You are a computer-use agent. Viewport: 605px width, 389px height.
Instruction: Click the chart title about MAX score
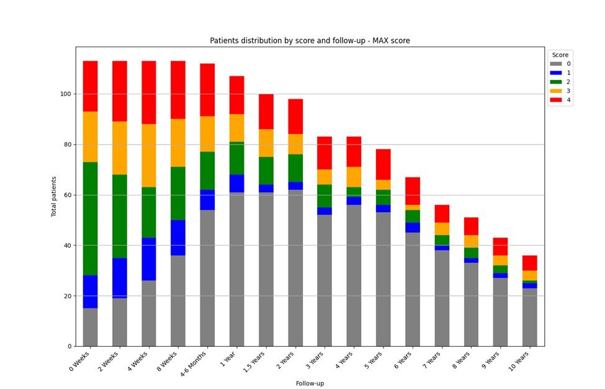coord(310,41)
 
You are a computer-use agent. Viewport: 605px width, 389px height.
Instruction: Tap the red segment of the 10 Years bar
coord(529,263)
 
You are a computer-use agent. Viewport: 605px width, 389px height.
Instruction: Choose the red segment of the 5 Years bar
coord(383,164)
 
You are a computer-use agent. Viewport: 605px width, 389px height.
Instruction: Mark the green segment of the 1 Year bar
coord(237,158)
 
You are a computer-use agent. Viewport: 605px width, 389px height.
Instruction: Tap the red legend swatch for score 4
coord(555,100)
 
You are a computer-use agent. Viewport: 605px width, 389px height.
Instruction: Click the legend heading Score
coord(560,55)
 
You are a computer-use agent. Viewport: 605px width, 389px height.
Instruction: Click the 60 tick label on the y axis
coord(68,195)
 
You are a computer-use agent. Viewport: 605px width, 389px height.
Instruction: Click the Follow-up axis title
coord(310,383)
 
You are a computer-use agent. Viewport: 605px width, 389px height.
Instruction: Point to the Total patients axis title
coord(53,195)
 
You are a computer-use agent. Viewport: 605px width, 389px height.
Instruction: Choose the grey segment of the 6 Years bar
coord(413,289)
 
